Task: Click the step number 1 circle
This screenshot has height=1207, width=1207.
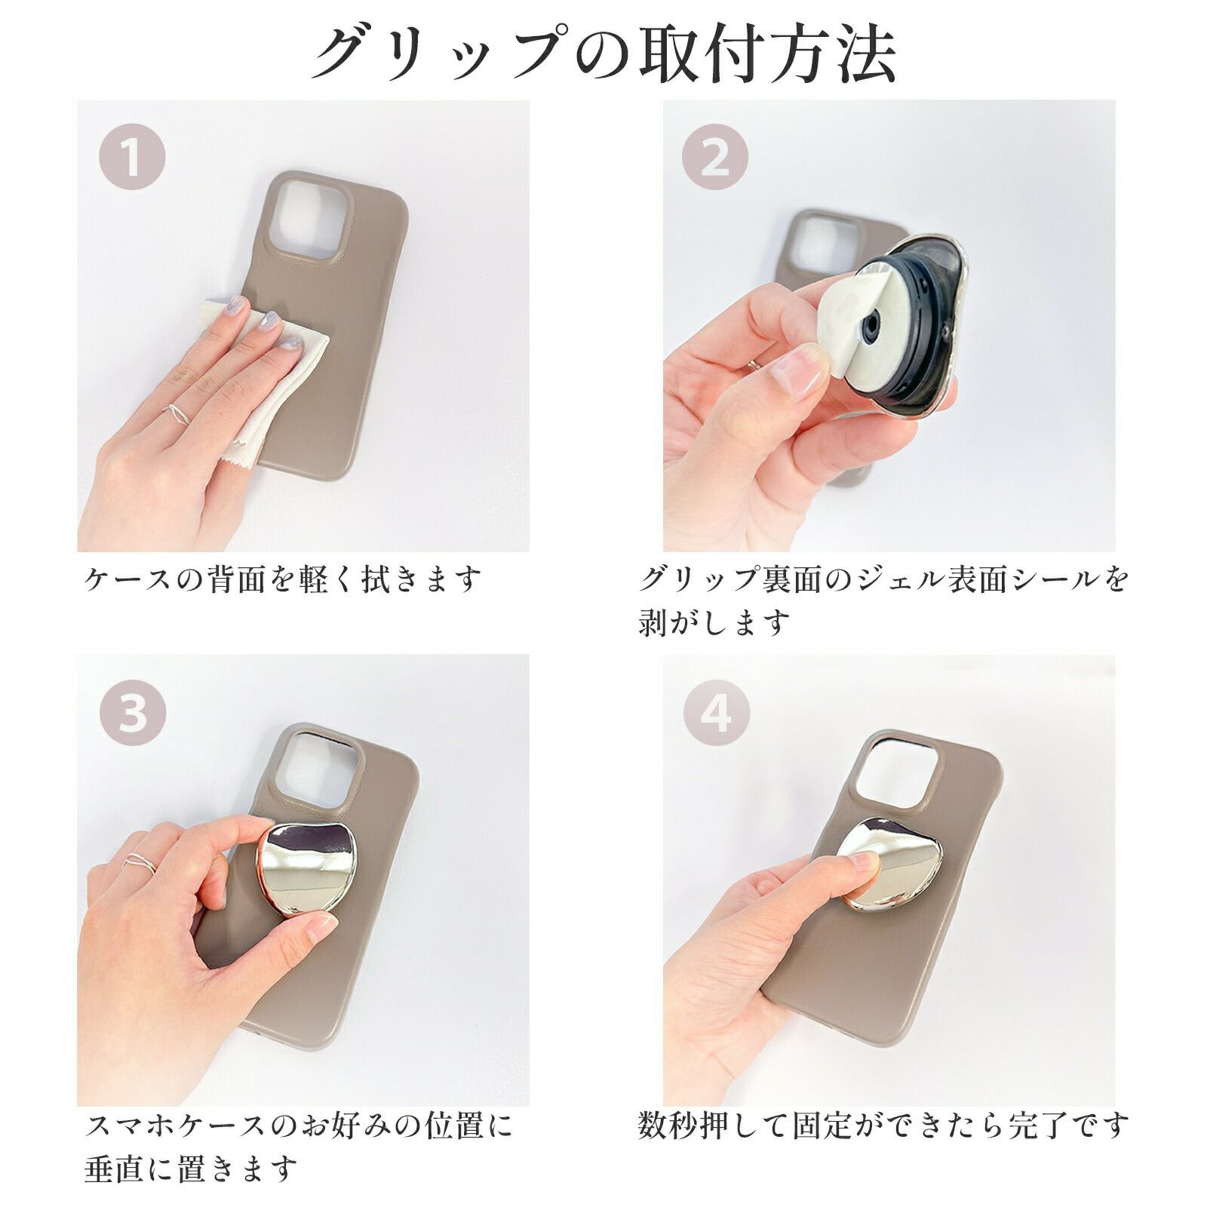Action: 132,159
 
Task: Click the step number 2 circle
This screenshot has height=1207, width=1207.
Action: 715,159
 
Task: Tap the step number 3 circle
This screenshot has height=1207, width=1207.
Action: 132,714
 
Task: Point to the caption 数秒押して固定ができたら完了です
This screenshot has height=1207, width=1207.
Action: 883,1125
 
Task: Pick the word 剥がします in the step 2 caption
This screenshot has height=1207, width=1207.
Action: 714,623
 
